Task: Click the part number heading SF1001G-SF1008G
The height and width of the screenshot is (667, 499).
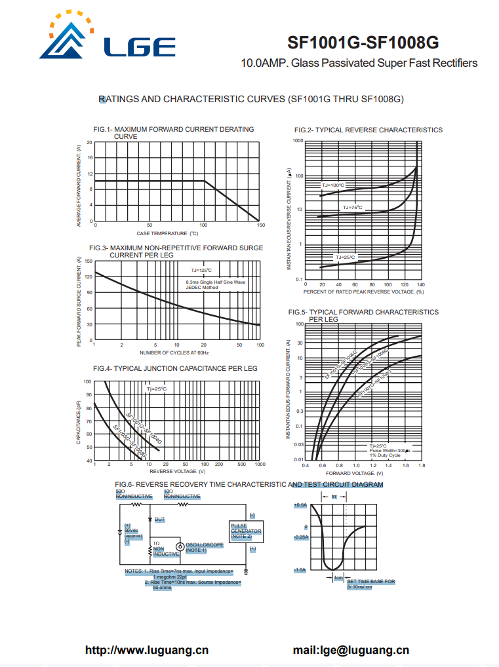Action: [363, 43]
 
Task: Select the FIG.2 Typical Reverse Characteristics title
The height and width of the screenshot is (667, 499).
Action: [368, 130]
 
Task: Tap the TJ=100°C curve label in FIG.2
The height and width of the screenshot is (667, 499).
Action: [332, 185]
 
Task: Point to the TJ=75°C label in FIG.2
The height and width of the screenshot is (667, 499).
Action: [352, 208]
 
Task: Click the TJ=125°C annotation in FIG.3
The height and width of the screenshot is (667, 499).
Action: [201, 270]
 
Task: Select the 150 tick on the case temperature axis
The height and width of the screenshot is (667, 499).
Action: [261, 225]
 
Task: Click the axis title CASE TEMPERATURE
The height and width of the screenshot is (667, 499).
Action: [167, 233]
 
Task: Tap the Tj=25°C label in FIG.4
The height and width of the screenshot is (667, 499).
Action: [156, 389]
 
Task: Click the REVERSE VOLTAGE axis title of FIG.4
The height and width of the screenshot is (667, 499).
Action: [178, 471]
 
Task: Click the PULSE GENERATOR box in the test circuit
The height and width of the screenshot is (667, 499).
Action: [246, 531]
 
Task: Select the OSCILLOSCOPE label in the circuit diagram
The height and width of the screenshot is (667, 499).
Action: [205, 547]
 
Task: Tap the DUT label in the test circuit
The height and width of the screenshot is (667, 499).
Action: [159, 519]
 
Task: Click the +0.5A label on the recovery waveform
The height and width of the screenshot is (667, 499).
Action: [300, 505]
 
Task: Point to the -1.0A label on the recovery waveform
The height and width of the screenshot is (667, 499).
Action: [300, 570]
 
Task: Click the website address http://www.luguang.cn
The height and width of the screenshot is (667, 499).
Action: [147, 650]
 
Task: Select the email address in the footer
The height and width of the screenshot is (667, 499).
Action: [351, 650]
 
